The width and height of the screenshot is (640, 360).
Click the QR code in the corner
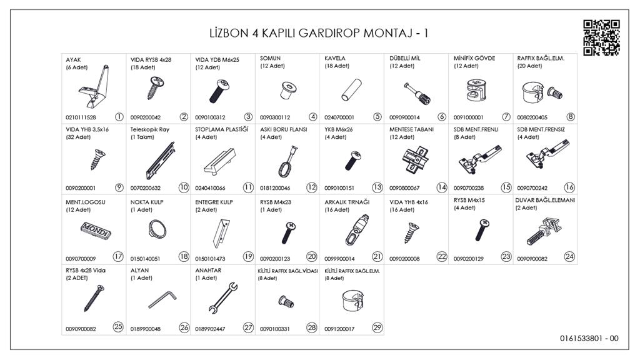[601, 37]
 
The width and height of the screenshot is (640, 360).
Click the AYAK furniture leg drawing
[97, 87]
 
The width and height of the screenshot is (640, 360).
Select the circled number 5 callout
[377, 116]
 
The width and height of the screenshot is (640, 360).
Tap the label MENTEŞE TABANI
[412, 129]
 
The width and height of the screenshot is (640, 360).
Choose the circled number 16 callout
[569, 187]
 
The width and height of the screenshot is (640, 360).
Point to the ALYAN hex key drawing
[159, 301]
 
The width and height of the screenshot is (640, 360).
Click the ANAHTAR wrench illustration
[222, 299]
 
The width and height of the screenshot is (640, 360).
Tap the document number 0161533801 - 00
[589, 339]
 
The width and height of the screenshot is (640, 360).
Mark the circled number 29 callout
[376, 326]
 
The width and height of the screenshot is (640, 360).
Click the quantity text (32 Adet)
[78, 137]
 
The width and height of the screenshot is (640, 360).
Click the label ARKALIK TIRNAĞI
[347, 201]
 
